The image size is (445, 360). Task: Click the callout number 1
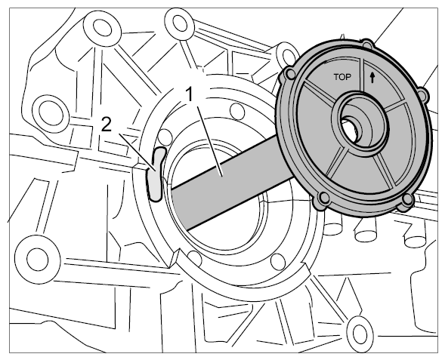point(190,94)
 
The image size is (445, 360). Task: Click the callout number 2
point(107,125)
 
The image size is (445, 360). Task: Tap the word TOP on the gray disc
point(342,77)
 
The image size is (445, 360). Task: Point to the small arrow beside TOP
point(372,78)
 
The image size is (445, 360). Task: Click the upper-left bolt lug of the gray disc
point(290,74)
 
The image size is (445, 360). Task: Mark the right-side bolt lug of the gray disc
point(422,94)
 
